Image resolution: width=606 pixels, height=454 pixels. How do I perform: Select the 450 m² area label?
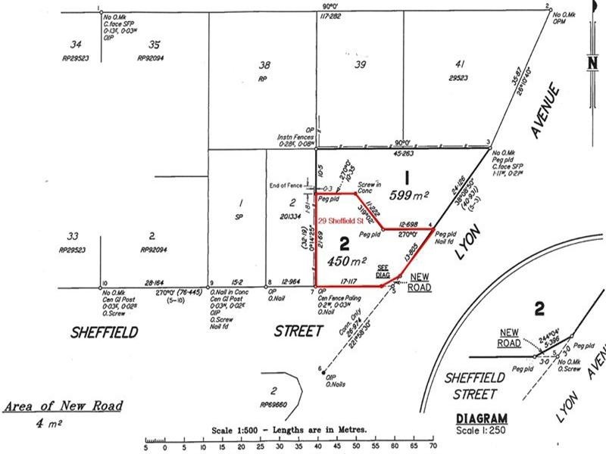coord(347,261)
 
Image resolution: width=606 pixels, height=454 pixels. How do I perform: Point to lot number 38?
coord(264,64)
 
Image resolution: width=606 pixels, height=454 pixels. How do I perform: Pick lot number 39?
coord(361,64)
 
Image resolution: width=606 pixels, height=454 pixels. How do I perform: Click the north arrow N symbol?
coord(592,64)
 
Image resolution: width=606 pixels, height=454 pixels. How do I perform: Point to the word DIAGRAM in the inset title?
coord(482,418)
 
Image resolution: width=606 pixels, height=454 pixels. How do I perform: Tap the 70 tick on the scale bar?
coord(433,446)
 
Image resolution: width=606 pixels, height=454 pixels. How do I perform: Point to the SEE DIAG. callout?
coord(383,270)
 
